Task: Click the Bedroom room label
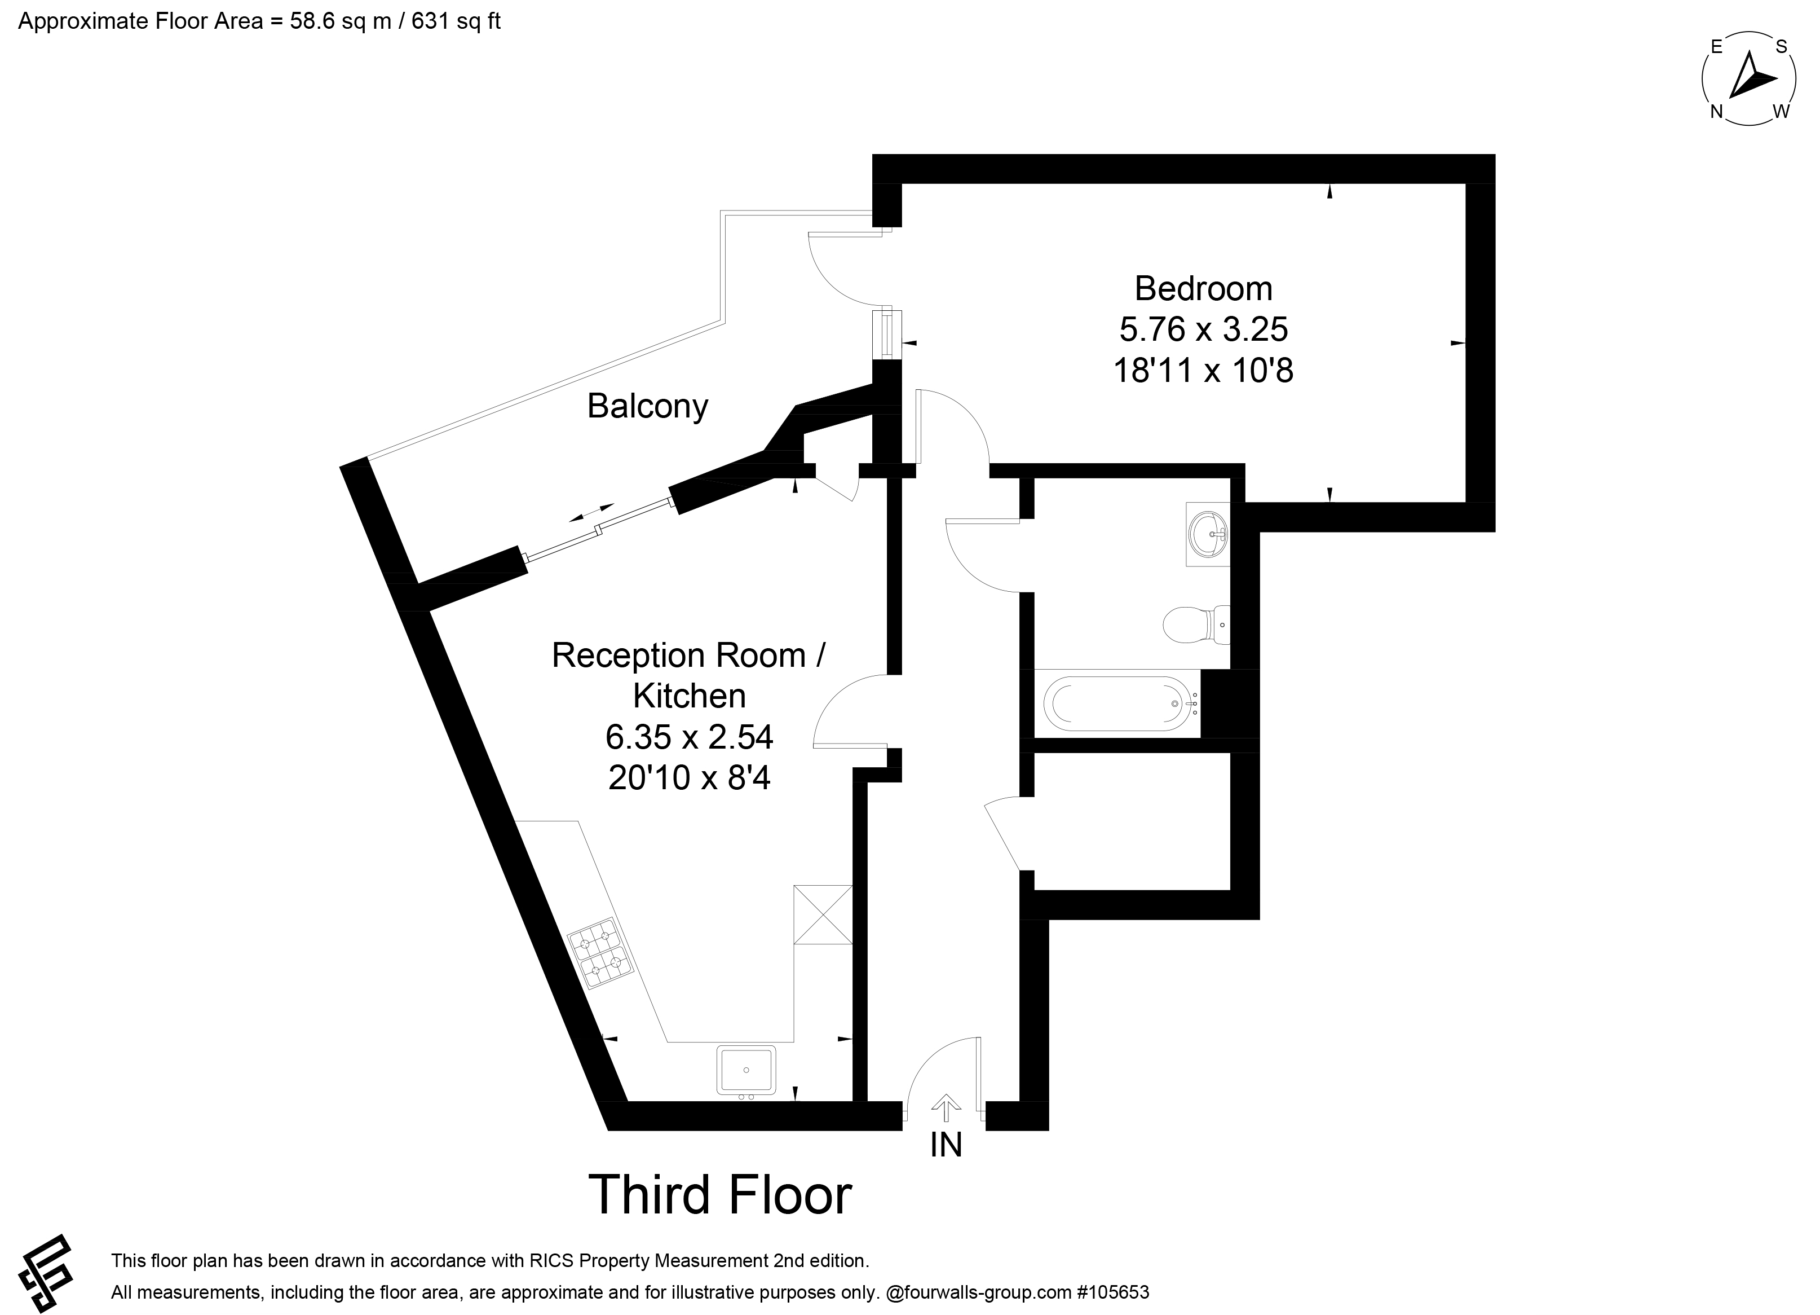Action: coord(1203,288)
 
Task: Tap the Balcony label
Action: coord(648,406)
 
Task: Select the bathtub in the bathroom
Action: coord(1116,703)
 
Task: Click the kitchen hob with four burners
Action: coord(601,953)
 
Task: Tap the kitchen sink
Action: coord(746,1070)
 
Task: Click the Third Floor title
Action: coord(720,1195)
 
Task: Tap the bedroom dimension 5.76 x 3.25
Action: coord(1203,329)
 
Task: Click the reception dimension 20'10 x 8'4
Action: coord(690,778)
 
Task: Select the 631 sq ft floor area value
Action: coord(456,21)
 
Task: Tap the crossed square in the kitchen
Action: coord(823,914)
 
